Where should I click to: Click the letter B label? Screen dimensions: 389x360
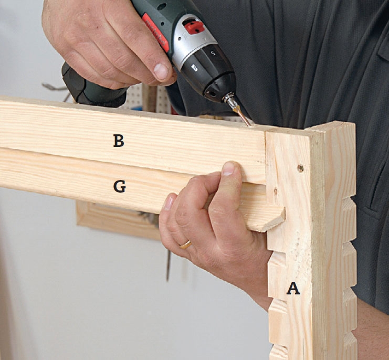click(x=119, y=141)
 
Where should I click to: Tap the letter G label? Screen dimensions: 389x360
click(x=119, y=186)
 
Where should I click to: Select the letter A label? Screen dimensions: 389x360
click(x=293, y=288)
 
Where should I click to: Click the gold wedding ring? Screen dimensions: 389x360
click(x=185, y=245)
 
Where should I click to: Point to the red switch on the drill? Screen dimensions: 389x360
click(x=194, y=27)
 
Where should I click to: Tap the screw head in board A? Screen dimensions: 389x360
click(x=300, y=168)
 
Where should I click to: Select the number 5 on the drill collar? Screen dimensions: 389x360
click(x=213, y=53)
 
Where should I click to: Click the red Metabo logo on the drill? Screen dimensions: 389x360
click(x=156, y=32)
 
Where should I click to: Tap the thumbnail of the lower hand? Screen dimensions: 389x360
click(x=228, y=169)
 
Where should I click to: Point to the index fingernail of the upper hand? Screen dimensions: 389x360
click(x=161, y=71)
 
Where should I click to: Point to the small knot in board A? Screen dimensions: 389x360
click(x=276, y=191)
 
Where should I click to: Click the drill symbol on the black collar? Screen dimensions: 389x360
click(x=194, y=68)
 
